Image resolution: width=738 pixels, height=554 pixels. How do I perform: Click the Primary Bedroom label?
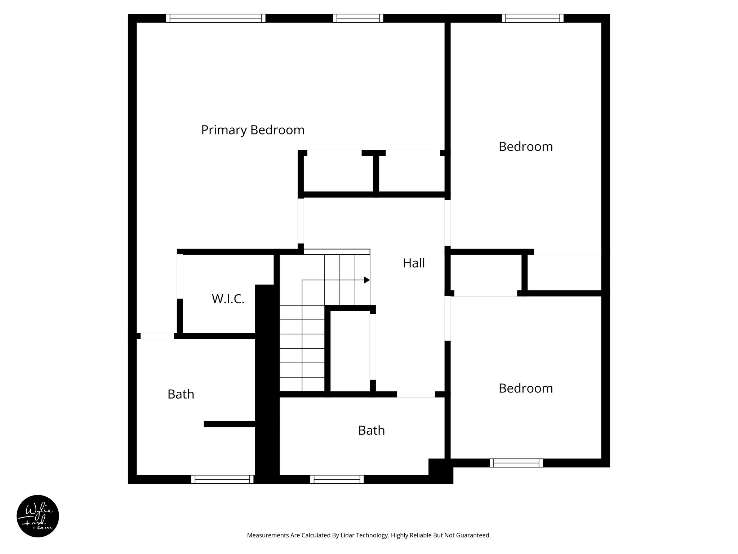253,130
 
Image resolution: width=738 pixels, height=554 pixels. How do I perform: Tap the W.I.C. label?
228,299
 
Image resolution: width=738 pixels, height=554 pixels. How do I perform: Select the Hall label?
414,263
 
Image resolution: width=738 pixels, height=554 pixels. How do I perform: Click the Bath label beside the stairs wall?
181,394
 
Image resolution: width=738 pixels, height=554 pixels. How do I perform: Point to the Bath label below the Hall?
371,430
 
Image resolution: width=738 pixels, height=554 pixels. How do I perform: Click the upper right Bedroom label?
525,147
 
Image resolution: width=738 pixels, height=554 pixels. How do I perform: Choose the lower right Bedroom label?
525,388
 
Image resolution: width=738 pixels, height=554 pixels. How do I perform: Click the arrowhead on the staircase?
367,280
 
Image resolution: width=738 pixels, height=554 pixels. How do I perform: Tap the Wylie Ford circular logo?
38,516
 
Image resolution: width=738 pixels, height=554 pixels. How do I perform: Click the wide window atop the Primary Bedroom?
215,18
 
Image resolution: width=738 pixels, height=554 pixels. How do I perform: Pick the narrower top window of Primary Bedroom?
358,18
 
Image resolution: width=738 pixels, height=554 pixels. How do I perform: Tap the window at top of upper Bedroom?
533,18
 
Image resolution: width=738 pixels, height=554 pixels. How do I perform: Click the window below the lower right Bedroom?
516,463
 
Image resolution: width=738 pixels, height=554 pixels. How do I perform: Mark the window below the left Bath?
222,479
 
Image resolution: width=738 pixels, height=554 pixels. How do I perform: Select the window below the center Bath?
337,479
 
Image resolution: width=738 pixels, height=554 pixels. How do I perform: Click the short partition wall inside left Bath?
230,424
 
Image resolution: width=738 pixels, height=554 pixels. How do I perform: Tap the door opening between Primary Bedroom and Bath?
157,336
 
